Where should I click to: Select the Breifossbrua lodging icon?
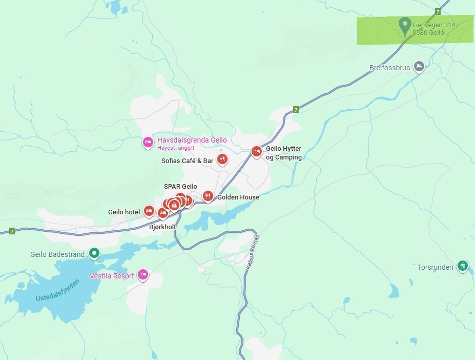click(x=419, y=66)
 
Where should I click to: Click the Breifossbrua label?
click(x=389, y=68)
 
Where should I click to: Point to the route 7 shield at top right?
click(x=438, y=11)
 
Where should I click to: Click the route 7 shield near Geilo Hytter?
click(x=296, y=109)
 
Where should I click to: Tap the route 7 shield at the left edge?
click(x=12, y=231)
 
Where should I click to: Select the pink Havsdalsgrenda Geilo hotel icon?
click(x=148, y=142)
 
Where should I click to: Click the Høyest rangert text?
click(x=176, y=148)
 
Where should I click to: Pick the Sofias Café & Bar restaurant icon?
click(x=222, y=159)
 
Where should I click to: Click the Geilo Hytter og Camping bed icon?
click(x=256, y=151)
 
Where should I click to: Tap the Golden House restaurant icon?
click(x=208, y=196)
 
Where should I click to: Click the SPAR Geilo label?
click(x=180, y=187)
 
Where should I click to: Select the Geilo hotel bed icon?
click(x=149, y=210)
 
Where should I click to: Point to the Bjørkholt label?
click(x=162, y=227)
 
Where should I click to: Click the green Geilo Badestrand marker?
click(x=94, y=253)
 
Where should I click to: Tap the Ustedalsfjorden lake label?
click(x=58, y=291)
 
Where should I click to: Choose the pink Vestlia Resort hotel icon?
click(x=143, y=275)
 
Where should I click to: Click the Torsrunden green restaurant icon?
click(x=463, y=266)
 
